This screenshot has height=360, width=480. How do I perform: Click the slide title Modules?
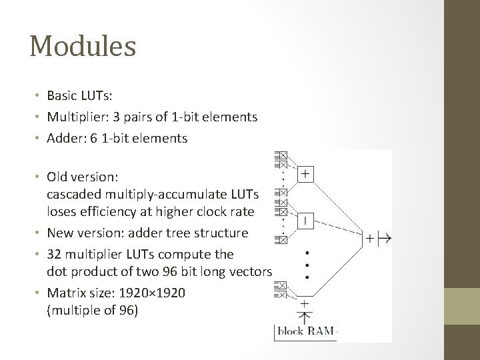click(x=83, y=47)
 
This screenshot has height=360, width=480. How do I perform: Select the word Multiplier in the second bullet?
click(x=74, y=117)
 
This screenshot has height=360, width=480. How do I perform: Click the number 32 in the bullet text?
click(x=53, y=255)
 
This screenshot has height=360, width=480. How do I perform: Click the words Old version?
click(x=81, y=177)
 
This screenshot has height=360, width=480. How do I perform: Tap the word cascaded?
click(x=71, y=192)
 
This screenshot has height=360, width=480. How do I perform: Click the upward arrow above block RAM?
click(x=304, y=315)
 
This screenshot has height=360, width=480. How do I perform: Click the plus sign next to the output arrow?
click(x=369, y=237)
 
